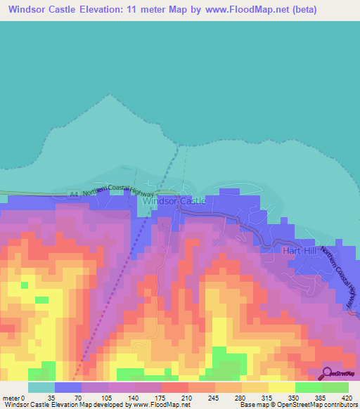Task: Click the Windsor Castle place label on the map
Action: click(174, 201)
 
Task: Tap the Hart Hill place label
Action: click(301, 250)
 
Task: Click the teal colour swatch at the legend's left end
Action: click(41, 387)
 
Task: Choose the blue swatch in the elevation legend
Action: click(67, 387)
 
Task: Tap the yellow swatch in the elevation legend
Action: click(281, 387)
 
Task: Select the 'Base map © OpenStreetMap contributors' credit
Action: click(297, 405)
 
